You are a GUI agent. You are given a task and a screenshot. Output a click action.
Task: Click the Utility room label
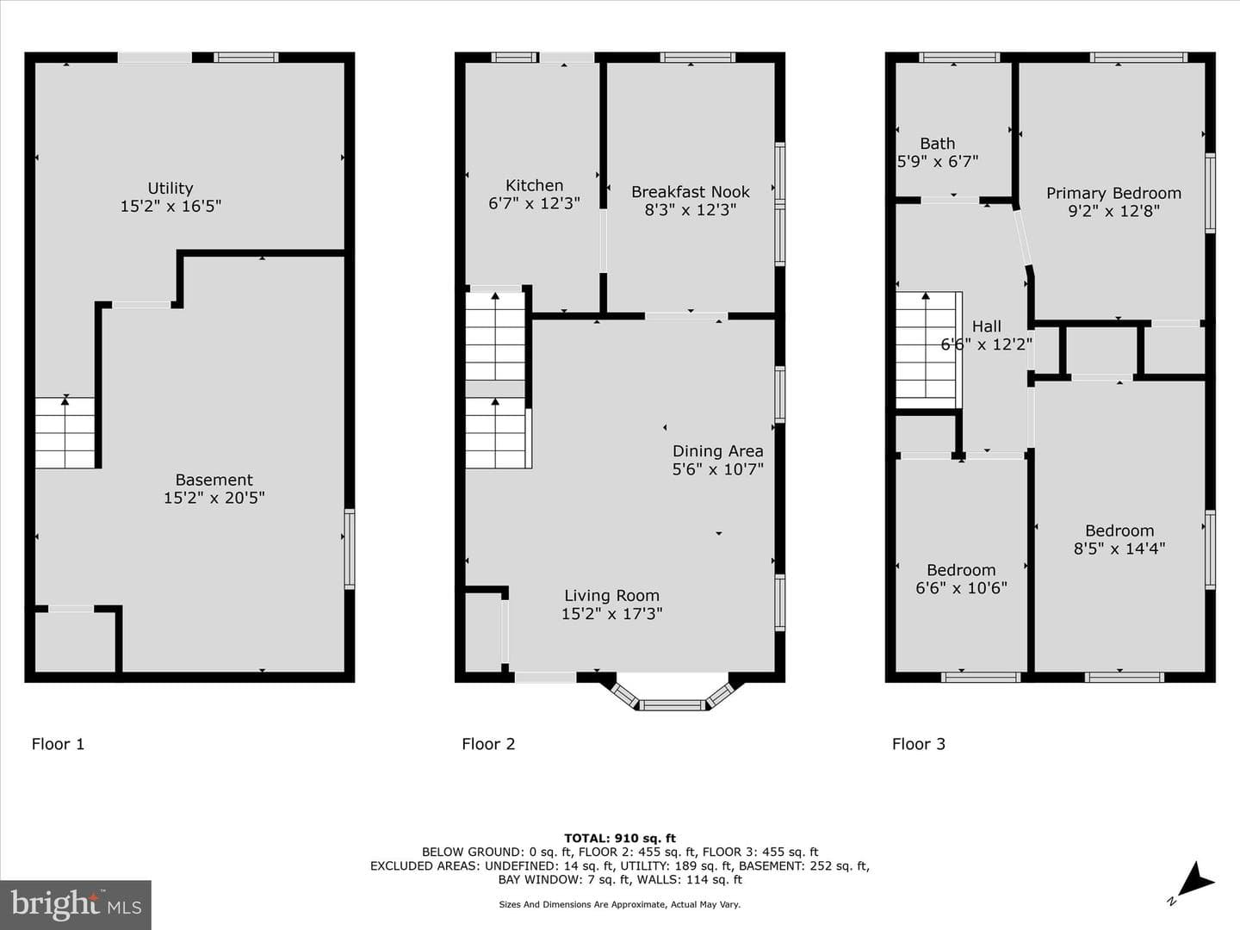pos(170,188)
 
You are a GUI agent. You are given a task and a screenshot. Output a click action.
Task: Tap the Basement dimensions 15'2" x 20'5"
pos(214,498)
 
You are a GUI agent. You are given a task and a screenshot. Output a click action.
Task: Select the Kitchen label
pos(534,185)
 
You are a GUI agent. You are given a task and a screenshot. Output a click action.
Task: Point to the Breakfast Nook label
pos(691,192)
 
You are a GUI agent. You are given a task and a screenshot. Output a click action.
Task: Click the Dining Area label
pos(717,451)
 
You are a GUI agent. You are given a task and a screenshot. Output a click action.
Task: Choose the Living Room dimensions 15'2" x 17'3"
pos(611,614)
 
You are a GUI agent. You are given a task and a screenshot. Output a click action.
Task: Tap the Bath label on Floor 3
pos(937,144)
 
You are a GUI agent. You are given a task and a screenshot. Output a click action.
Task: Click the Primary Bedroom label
pos(1113,194)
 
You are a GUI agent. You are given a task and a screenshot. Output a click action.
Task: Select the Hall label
pos(986,325)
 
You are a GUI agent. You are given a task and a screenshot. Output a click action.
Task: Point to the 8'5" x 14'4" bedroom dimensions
pos(1119,549)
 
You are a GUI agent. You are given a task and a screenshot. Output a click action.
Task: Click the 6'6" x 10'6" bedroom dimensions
pos(961,588)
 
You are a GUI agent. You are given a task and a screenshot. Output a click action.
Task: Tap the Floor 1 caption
pos(58,744)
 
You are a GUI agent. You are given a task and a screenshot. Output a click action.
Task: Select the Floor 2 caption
pos(488,744)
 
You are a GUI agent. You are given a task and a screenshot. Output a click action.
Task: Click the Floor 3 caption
pos(919,744)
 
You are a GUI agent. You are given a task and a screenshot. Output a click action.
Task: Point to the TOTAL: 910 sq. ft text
pos(620,838)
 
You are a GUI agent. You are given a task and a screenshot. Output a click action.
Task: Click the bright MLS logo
pos(76,904)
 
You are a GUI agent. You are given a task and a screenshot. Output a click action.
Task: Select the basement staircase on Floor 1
pos(65,432)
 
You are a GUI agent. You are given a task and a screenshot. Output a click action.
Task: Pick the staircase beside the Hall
pos(929,350)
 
